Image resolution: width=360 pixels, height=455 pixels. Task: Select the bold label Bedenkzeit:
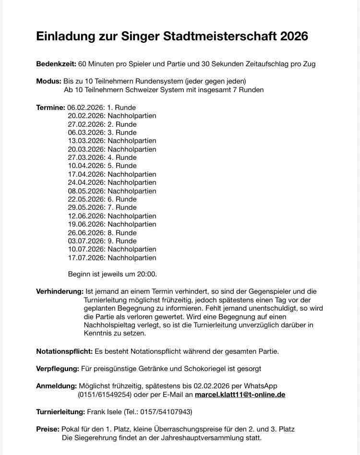tap(56, 64)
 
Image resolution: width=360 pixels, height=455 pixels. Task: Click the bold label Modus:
tap(48, 81)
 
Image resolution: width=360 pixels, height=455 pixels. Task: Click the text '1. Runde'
tap(121, 108)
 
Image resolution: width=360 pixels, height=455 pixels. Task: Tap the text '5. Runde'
tap(122, 166)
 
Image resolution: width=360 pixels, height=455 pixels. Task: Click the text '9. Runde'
tap(122, 241)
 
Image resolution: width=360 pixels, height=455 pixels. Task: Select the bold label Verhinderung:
tap(60, 291)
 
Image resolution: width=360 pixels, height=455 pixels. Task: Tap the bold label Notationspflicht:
tap(64, 351)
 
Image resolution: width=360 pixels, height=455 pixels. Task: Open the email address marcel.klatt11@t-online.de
tap(240, 395)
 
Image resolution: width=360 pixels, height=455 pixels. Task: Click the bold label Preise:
tap(48, 429)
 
